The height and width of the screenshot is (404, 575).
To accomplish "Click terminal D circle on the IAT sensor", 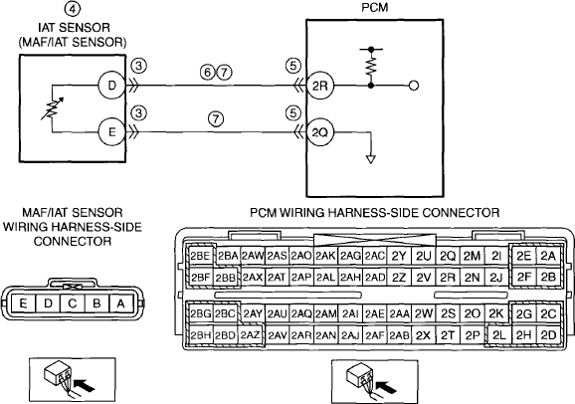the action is tap(111, 86).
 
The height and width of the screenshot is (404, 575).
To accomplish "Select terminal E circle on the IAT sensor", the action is tap(111, 131).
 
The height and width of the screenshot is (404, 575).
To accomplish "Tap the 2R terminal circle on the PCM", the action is tap(319, 86).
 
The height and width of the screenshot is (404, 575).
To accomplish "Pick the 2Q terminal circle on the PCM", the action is tap(319, 132).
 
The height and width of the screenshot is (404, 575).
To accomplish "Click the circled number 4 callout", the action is tap(73, 9).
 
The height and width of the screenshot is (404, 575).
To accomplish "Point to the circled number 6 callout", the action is tap(208, 73).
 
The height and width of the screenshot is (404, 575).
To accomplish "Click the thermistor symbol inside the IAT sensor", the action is tap(52, 108).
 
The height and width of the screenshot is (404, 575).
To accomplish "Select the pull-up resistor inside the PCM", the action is tap(371, 66).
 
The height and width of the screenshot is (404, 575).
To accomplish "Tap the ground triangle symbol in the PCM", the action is tap(371, 159).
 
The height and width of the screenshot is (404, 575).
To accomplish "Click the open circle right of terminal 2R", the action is tap(414, 86).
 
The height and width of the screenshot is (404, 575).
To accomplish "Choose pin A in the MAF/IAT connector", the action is tap(120, 304).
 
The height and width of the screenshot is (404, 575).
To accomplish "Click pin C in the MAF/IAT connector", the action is tap(73, 304).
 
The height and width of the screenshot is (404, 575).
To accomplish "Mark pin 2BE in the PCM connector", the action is tap(200, 256).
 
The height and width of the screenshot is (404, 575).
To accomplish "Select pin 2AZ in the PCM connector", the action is tap(250, 335).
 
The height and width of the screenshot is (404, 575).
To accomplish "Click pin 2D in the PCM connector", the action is tap(548, 335).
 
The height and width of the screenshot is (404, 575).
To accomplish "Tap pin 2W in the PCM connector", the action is tap(424, 313).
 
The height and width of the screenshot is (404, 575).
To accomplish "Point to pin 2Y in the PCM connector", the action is tap(399, 256).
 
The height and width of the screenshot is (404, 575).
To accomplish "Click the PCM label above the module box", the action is tap(375, 8).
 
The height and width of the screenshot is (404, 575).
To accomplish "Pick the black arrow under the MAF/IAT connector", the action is tap(84, 384).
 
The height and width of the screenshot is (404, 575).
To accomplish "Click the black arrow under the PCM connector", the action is tap(387, 387).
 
